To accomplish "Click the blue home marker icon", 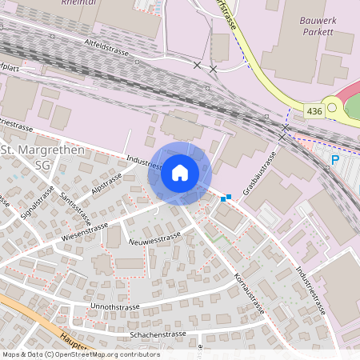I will click(180, 173).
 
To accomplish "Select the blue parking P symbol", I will click(335, 159).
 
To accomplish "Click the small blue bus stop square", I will click(229, 197).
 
